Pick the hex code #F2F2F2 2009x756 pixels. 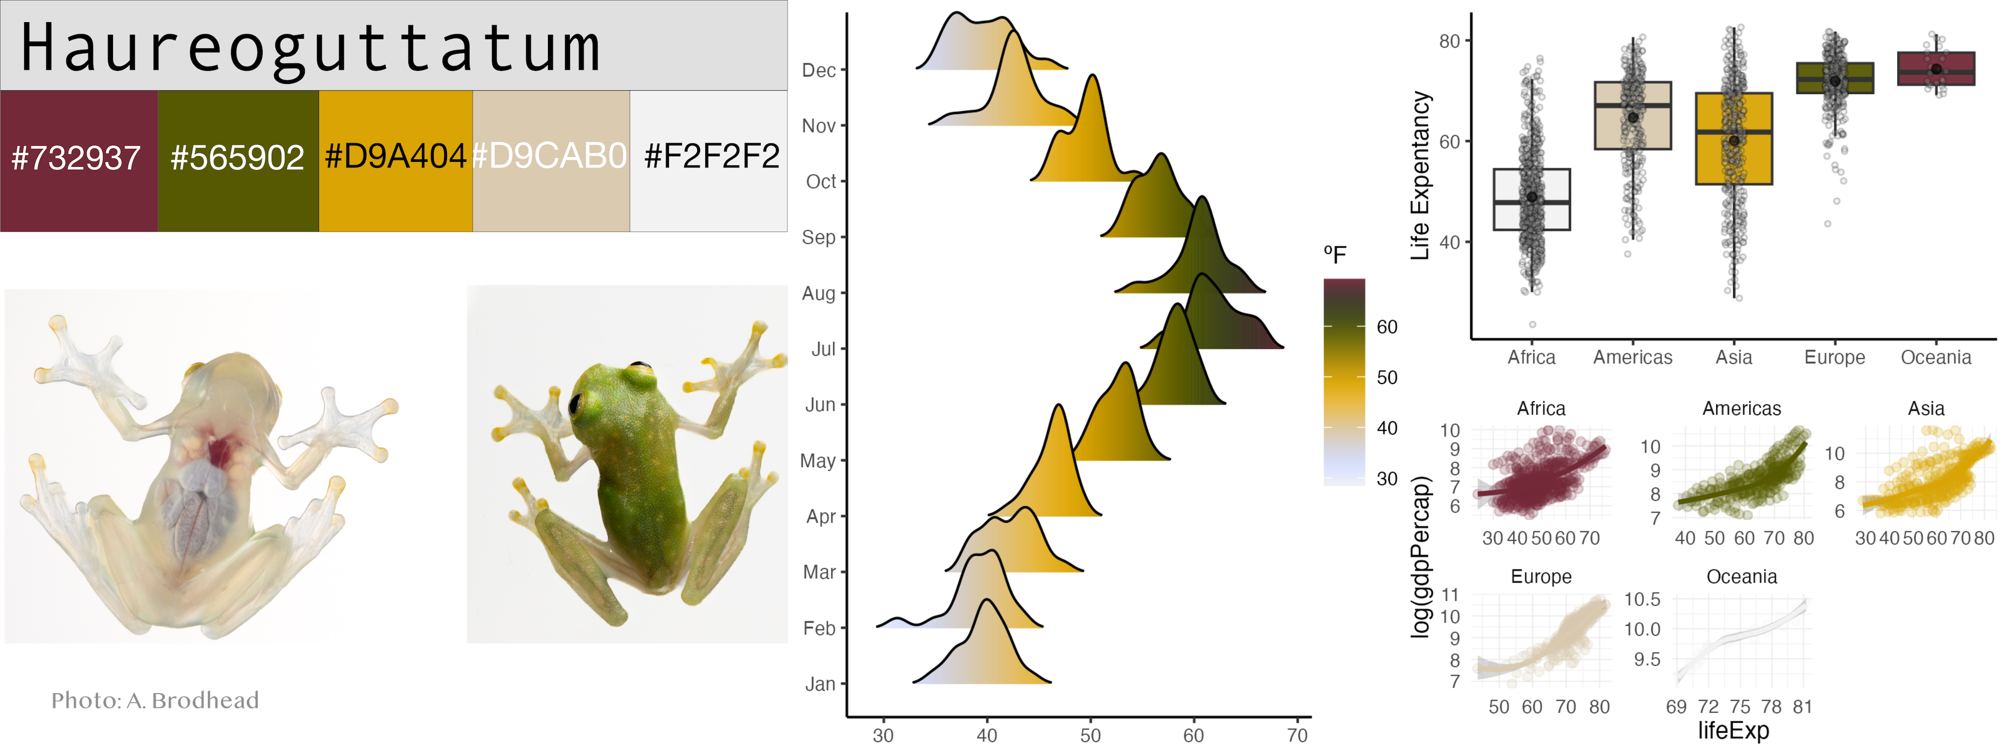711,157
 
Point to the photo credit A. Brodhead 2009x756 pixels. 155,700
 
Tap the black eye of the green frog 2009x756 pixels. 577,403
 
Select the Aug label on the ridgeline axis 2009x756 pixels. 818,294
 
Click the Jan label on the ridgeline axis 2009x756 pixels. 820,684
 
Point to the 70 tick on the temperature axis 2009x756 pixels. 1297,735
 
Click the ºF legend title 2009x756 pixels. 1334,254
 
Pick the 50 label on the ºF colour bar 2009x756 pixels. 1387,377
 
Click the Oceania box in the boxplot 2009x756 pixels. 1936,69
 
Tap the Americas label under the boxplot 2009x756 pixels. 1632,357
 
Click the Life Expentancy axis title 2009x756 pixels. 1421,175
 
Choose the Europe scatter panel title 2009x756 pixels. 1541,577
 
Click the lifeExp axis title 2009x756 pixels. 1733,730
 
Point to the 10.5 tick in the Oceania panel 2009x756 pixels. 1642,599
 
